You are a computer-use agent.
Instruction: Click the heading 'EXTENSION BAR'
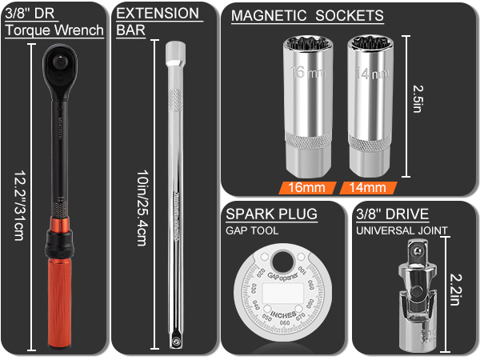pos(158,22)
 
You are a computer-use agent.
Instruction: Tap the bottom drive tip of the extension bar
pos(174,340)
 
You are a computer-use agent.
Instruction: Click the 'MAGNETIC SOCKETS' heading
pos(307,16)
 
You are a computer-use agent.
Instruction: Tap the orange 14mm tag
pos(368,190)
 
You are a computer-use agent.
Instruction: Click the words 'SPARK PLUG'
pos(271,214)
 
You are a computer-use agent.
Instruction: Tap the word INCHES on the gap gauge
pos(284,314)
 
